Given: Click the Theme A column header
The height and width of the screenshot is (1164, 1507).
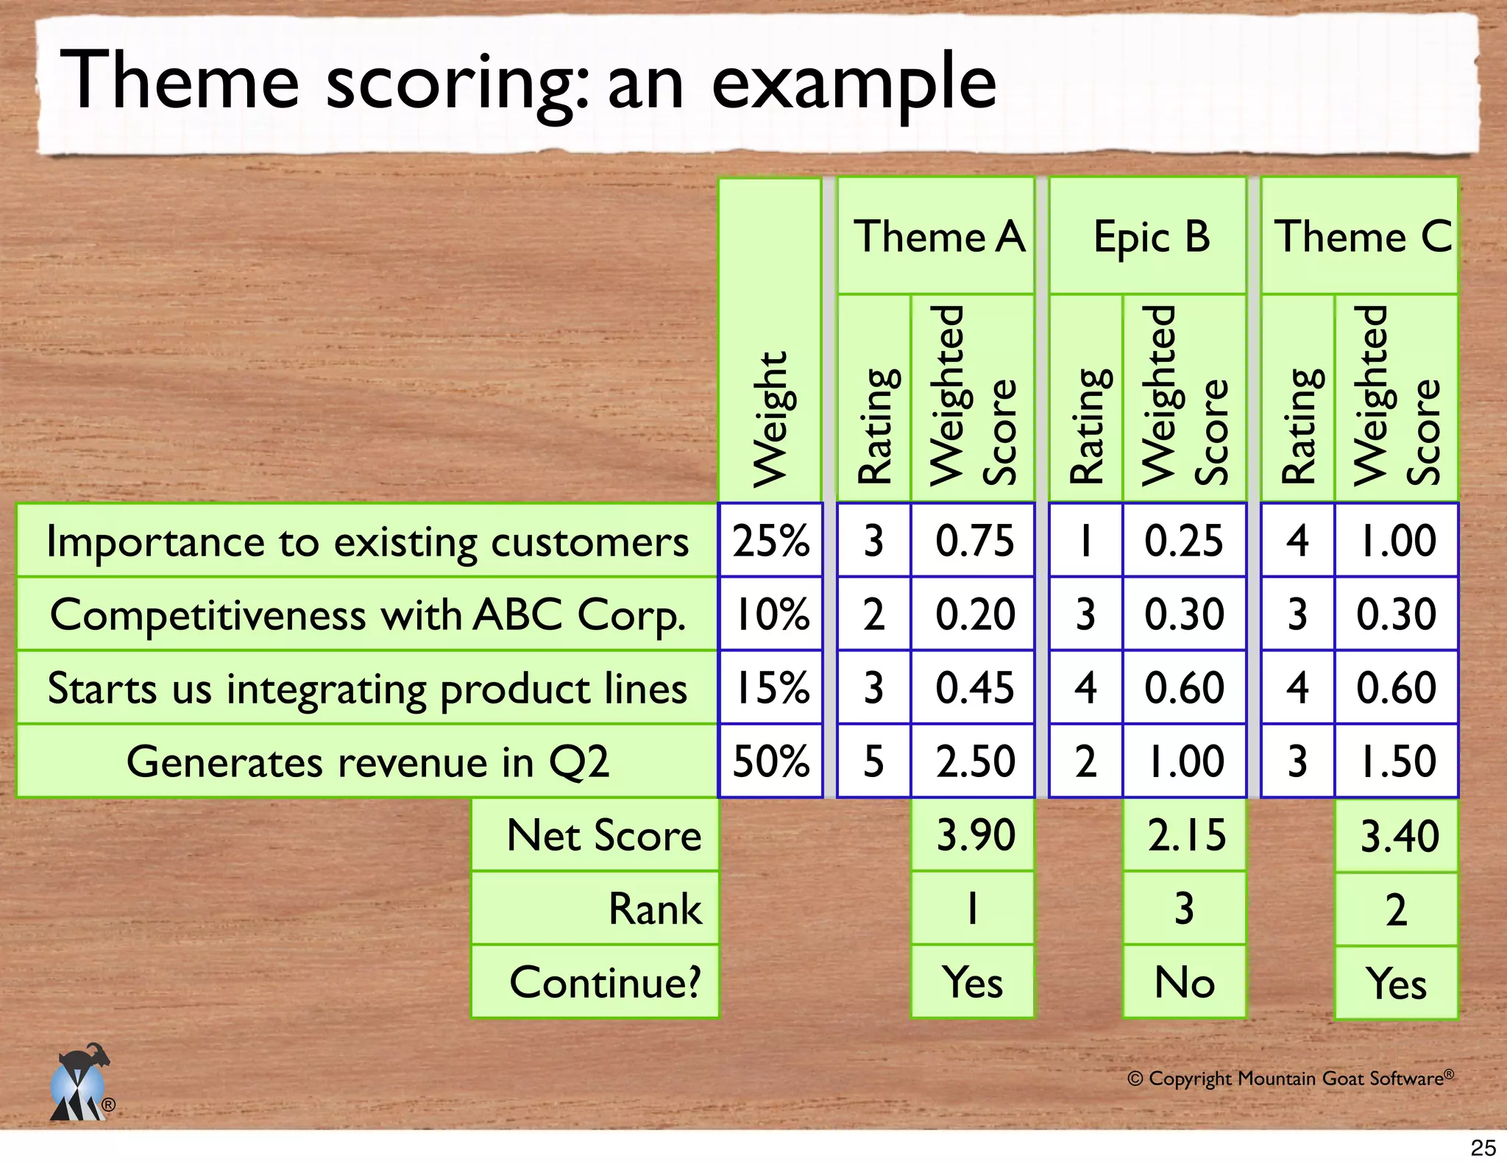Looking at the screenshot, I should (936, 236).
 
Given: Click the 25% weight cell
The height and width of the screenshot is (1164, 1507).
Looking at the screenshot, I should (770, 540).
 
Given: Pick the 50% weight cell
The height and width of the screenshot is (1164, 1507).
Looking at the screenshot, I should (770, 761).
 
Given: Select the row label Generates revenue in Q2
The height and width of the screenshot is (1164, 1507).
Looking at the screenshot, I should (367, 761).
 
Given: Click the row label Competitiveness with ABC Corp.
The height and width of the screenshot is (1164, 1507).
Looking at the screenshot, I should (367, 614).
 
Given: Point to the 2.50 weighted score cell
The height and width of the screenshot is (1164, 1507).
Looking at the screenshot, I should (974, 761).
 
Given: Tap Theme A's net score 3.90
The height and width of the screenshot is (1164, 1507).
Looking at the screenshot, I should (974, 835).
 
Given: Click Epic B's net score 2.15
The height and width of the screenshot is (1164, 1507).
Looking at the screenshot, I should (1185, 835).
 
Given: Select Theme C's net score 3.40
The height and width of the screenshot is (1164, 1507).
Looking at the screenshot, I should (1397, 836).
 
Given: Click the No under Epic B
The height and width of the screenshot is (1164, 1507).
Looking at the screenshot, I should (1185, 982).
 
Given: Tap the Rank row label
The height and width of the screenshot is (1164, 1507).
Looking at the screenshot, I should (653, 909).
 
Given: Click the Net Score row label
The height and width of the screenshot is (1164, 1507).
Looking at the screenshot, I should (603, 835).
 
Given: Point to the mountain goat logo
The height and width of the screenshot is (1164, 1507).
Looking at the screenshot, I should (79, 1083).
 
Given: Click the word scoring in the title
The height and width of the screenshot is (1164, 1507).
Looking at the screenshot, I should (456, 82).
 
